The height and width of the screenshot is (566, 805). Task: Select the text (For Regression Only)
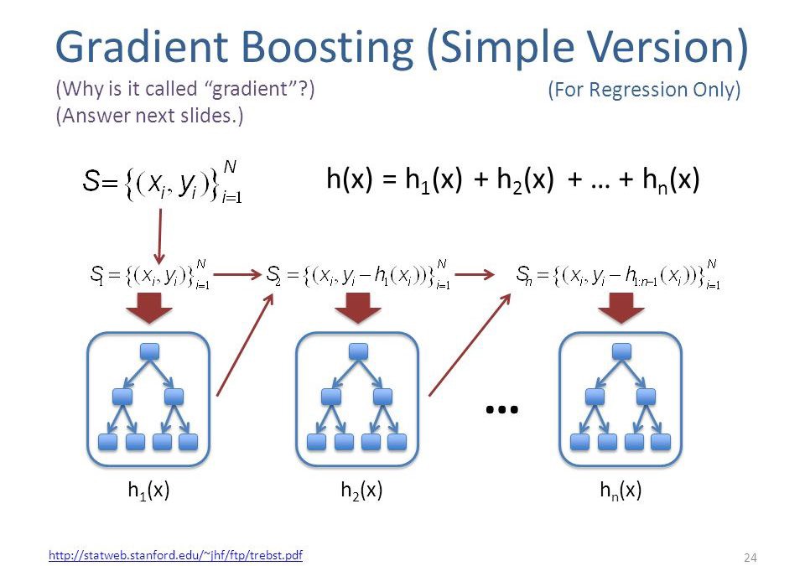coord(644,91)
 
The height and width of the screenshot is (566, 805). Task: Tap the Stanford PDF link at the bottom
coord(176,555)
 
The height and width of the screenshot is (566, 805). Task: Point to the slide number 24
coord(750,558)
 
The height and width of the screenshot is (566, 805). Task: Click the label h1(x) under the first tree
coord(148,491)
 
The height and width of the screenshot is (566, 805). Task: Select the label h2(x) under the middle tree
coord(361,491)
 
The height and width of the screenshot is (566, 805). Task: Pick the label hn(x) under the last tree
coord(621,491)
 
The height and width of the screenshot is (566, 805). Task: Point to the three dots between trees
coord(502,409)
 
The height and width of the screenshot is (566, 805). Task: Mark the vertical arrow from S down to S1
coord(158,235)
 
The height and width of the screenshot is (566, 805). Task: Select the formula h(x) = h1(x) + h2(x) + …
coord(512,180)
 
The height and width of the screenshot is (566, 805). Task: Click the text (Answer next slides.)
coord(148,116)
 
